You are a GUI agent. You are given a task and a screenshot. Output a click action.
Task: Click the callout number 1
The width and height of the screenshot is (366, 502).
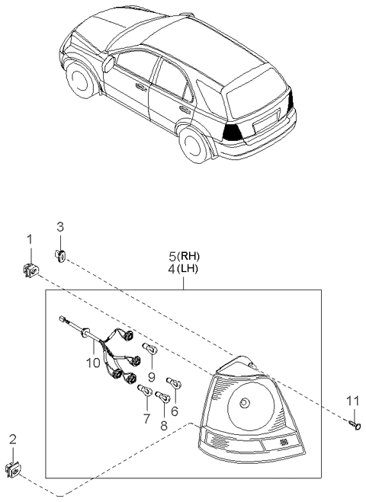[30, 240]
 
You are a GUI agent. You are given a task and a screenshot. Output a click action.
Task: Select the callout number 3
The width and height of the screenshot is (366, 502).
[60, 225]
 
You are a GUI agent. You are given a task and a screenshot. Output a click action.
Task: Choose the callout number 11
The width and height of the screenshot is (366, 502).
[352, 401]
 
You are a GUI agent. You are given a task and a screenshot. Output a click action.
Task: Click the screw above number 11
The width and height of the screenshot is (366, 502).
[352, 424]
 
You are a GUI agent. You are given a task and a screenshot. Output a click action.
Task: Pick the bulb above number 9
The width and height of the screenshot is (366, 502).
[150, 350]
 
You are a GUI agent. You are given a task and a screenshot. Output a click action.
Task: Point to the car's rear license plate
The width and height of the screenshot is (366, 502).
[265, 121]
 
